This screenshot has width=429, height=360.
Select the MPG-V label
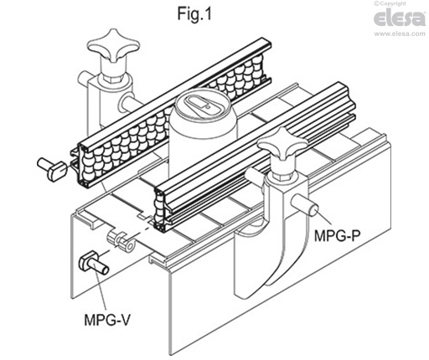coord(111,319)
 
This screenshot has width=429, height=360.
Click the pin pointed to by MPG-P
coord(308,204)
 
